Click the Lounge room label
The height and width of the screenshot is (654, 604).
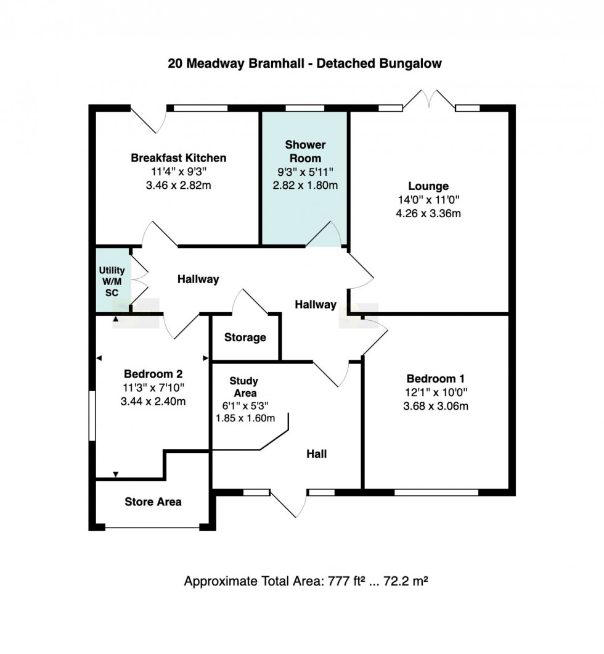pos(428,186)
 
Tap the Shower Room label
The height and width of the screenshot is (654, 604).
pos(305,151)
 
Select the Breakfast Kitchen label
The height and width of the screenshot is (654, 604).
pos(179,158)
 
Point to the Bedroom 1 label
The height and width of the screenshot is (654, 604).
pos(435,379)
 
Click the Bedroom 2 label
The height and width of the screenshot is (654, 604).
pos(153,374)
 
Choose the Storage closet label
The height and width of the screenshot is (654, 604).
pos(245,337)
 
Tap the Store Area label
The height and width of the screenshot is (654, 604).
pos(153,502)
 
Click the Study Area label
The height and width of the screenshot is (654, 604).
pos(243,387)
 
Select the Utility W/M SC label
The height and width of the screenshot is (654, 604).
pos(112,281)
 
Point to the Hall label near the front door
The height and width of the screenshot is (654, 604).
pos(317,454)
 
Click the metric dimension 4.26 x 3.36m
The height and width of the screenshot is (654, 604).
pos(428,213)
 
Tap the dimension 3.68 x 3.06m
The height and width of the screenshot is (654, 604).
pos(436,406)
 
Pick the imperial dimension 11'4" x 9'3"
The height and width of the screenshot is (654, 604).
pos(179,172)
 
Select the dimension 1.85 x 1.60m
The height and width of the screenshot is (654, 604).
pos(245,418)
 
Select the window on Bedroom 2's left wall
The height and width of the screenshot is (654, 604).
pos(92,416)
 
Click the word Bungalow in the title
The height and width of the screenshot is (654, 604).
pos(410,64)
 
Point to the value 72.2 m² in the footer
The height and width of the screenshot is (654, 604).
pos(406,581)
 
